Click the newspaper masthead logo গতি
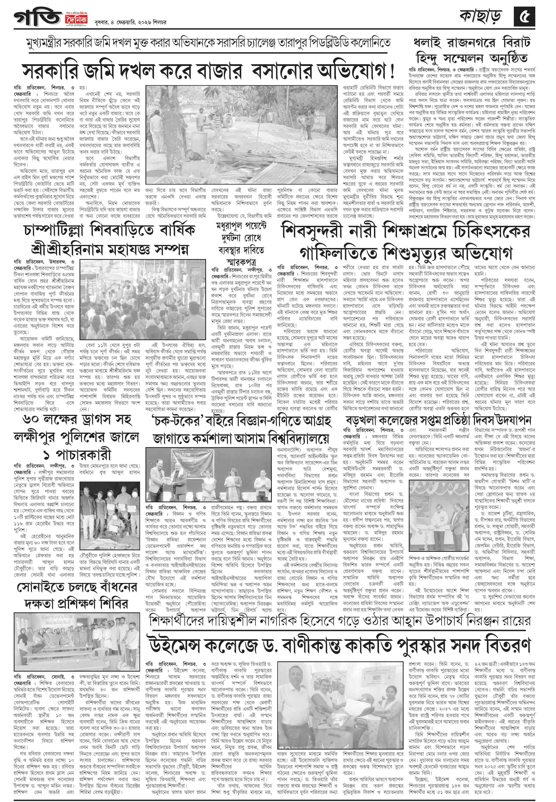coord(38,17)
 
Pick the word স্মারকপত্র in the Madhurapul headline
coord(240,261)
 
